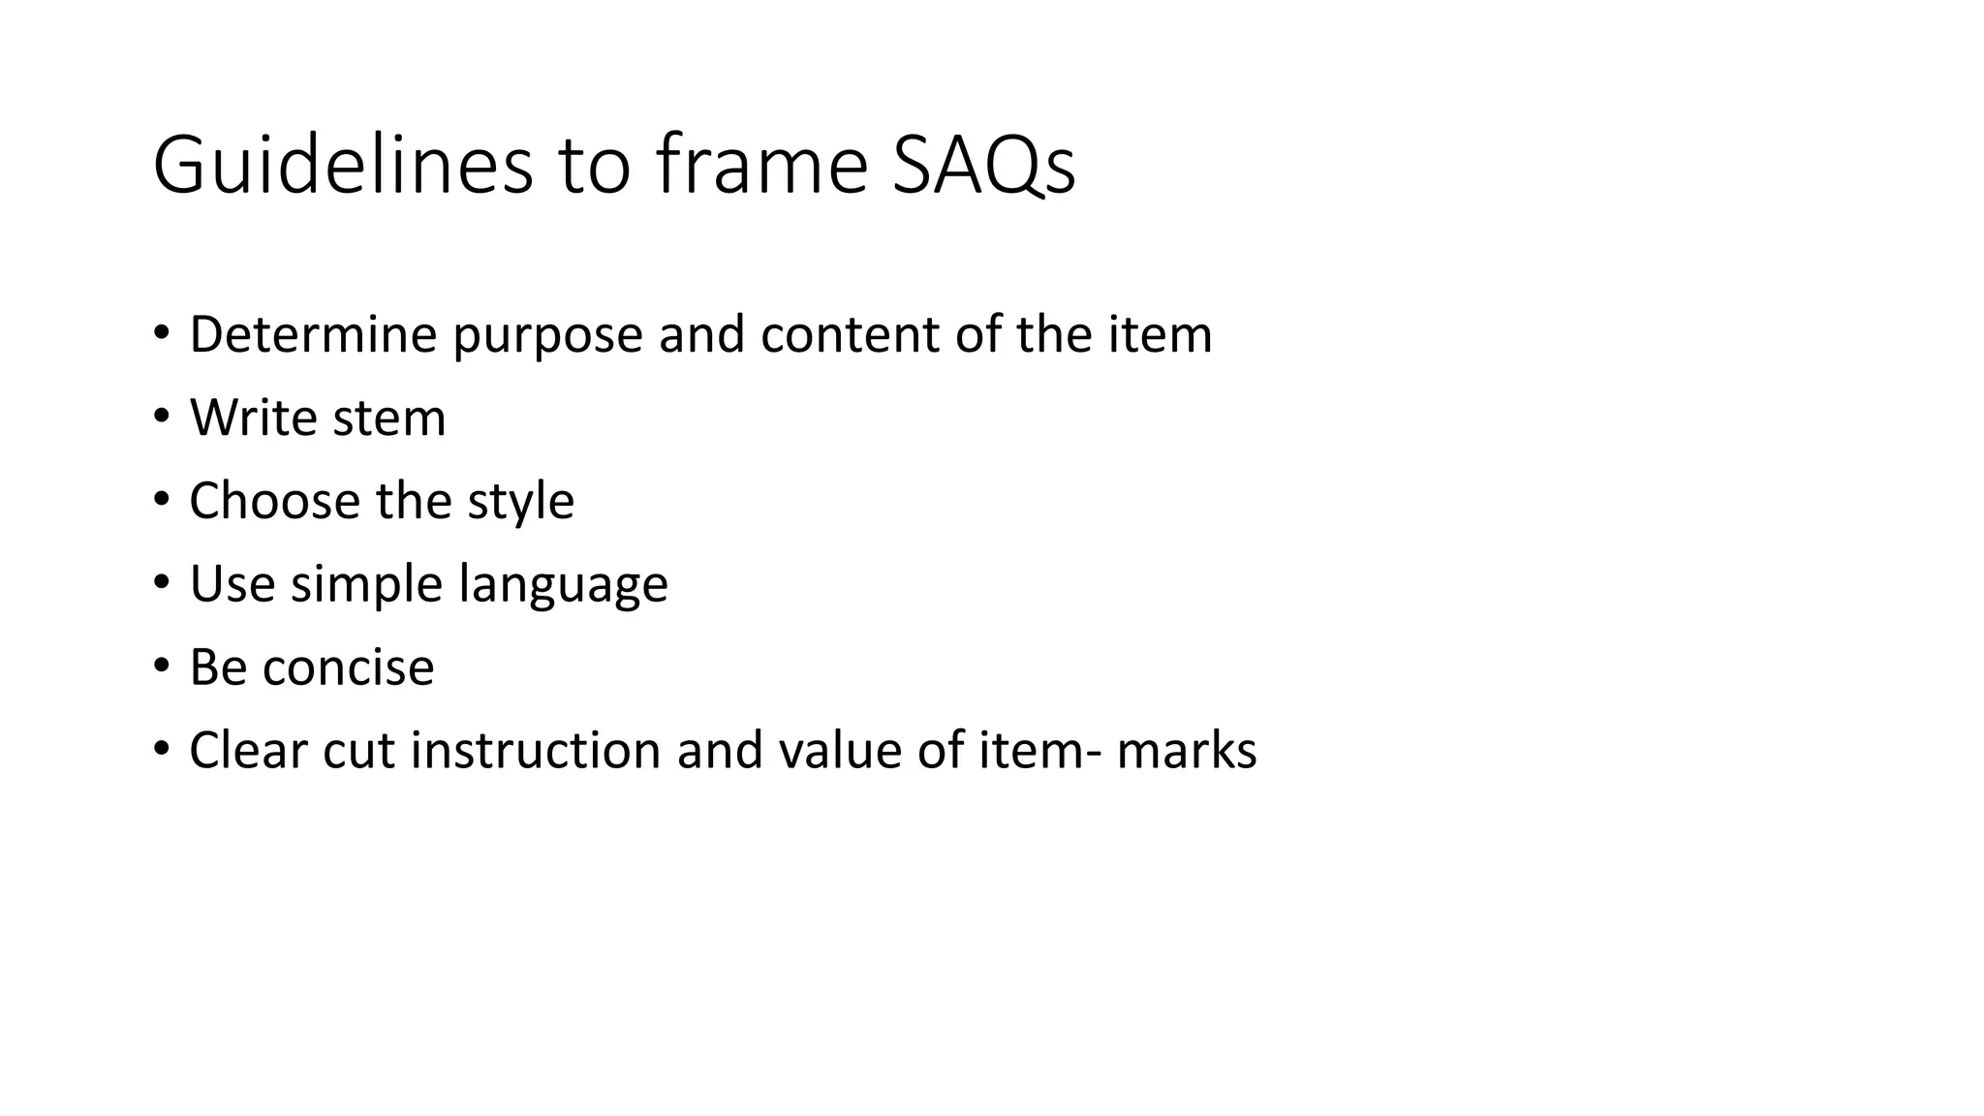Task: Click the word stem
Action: [x=388, y=418]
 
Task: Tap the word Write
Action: [x=254, y=418]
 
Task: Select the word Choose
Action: [x=274, y=501]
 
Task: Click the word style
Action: [x=521, y=503]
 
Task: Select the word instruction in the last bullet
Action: [x=535, y=751]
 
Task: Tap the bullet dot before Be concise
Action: [x=161, y=666]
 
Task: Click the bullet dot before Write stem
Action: [x=161, y=417]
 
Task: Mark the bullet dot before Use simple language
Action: [x=161, y=582]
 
